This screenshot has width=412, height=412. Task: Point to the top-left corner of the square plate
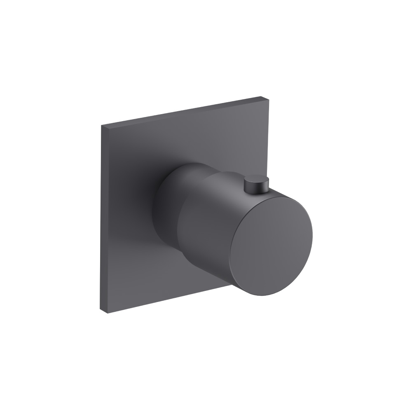pyautogui.click(x=101, y=124)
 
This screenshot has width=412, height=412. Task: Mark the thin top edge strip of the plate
pyautogui.click(x=181, y=110)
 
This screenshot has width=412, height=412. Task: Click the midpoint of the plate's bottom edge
pyautogui.click(x=165, y=298)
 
